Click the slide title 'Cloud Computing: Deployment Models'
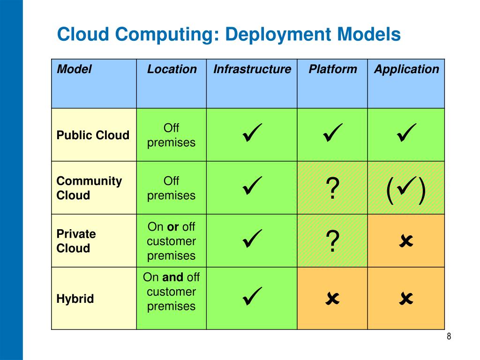click(x=228, y=35)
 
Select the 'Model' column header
click(x=74, y=69)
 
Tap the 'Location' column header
click(x=172, y=69)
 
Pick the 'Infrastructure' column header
click(x=252, y=69)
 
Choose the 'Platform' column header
click(x=332, y=69)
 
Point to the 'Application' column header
click(x=406, y=69)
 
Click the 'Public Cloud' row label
click(x=93, y=135)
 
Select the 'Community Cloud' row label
click(x=89, y=188)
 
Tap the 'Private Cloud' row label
click(x=76, y=241)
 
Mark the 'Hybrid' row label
click(x=75, y=299)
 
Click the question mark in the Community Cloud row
click(x=332, y=189)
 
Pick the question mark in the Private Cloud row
click(x=332, y=242)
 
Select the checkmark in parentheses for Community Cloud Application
click(x=406, y=189)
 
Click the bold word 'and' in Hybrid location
click(x=173, y=277)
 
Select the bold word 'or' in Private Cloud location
click(x=173, y=227)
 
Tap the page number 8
click(x=449, y=337)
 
